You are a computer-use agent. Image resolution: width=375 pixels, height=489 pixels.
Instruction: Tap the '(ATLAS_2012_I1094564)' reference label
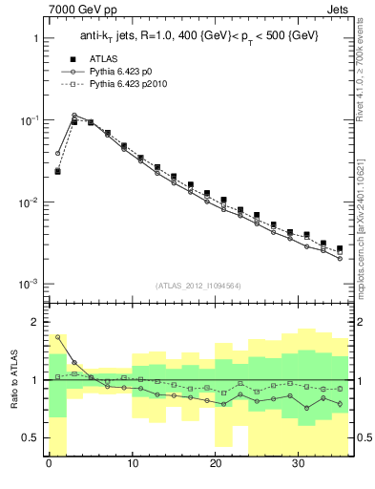tap(198, 285)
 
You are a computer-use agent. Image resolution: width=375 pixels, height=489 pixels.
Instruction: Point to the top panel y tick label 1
tap(34, 39)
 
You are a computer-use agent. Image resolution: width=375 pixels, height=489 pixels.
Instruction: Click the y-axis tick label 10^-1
tap(29, 120)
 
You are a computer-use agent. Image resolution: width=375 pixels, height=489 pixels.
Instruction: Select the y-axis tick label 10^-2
tap(29, 202)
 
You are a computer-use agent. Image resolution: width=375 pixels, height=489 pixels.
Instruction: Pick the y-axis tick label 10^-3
tap(29, 285)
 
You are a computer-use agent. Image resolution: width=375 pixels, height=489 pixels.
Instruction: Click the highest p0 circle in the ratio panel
tap(58, 337)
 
